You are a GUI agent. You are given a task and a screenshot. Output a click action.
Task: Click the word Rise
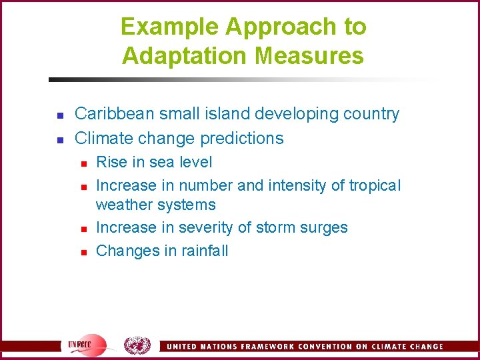[x=111, y=162]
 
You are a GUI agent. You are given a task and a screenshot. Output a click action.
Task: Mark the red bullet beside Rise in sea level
[x=84, y=163]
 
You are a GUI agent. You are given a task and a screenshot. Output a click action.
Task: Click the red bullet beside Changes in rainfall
[x=84, y=252]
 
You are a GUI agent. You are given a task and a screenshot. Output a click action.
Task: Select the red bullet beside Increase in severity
[x=84, y=229]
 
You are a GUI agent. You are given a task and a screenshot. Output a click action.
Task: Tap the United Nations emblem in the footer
[x=137, y=345]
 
